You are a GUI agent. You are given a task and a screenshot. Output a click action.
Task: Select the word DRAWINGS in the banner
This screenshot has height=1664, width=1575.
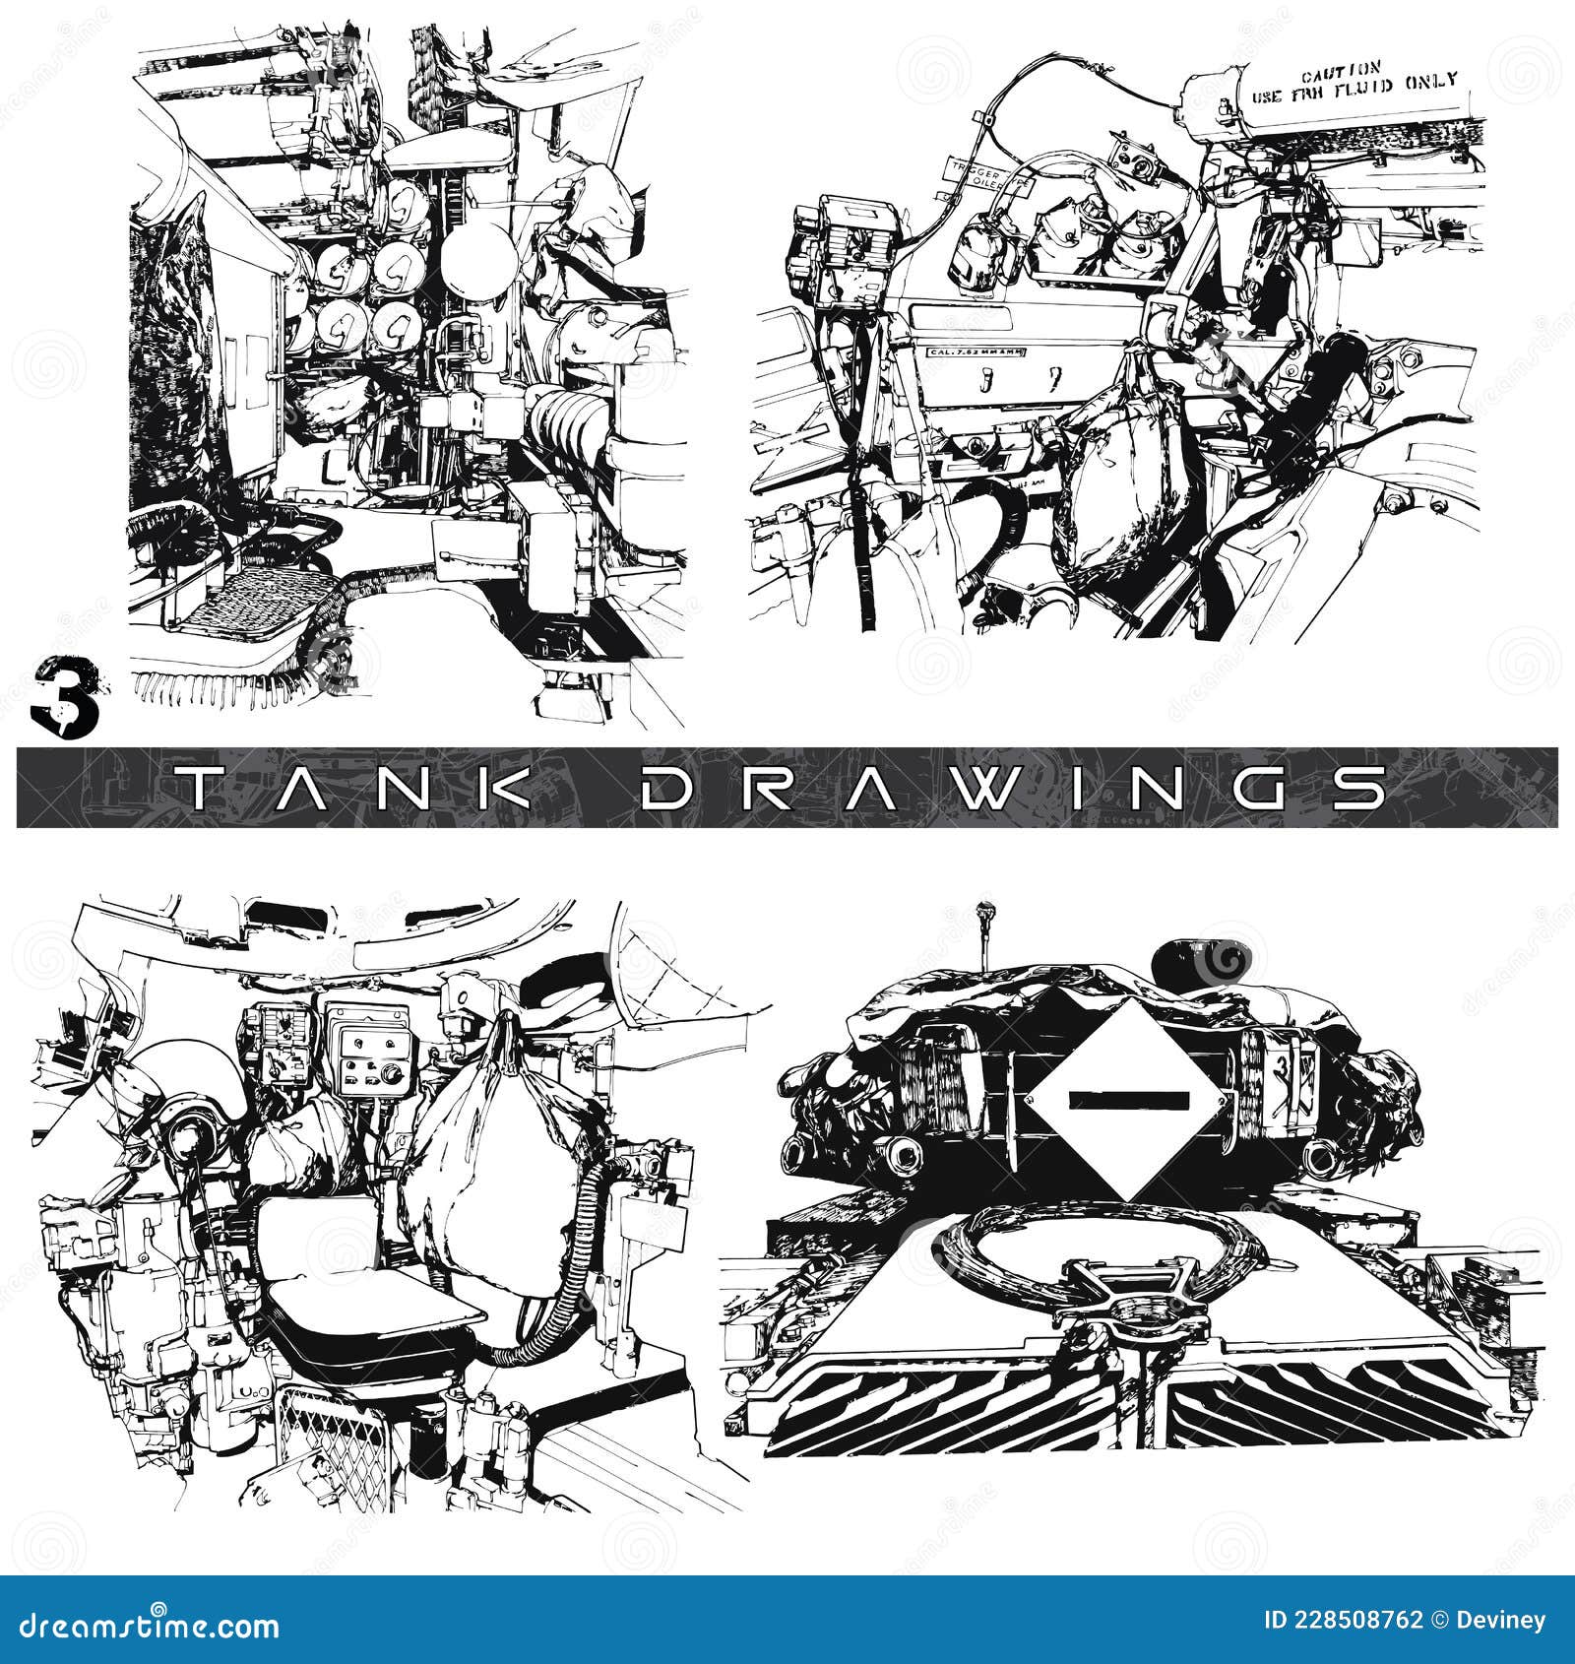coord(1014,788)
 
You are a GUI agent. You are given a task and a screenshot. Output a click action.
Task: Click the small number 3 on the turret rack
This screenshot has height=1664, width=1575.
coord(1280,1069)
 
